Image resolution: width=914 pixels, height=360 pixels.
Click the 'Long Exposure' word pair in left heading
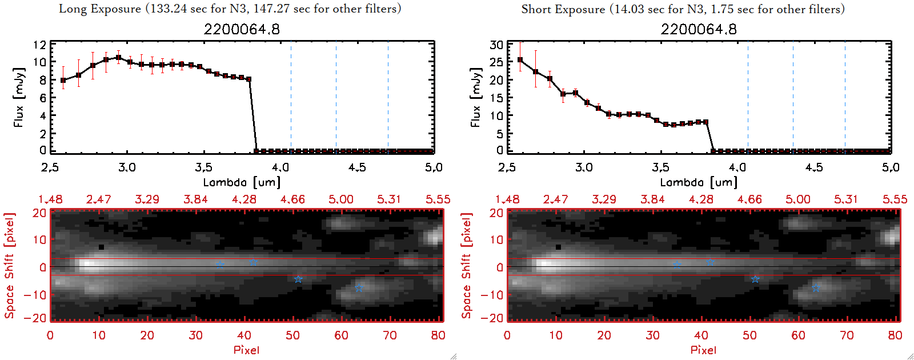pos(100,9)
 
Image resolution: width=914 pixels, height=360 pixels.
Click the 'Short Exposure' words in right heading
pos(563,9)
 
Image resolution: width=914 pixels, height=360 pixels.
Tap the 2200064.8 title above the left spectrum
pos(242,29)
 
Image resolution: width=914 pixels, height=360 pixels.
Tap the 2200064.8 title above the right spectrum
pos(699,29)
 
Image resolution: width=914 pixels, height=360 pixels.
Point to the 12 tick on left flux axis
pos(39,45)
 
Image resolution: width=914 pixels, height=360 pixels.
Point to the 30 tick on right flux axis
pos(496,45)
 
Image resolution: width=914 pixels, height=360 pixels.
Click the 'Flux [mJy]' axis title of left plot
pos(19,97)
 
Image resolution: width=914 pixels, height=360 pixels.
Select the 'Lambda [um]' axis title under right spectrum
pos(699,182)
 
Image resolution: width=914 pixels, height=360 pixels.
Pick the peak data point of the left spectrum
pos(118,57)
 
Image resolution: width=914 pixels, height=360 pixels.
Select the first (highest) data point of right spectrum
pos(520,59)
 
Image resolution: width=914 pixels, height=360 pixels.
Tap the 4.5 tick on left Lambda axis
pos(357,167)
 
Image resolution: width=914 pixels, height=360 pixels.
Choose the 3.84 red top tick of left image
pos(195,199)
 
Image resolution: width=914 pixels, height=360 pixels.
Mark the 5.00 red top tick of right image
pos(797,199)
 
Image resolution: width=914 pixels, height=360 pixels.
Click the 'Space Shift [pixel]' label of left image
pos(9,266)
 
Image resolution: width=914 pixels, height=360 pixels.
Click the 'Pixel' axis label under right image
pos(703,350)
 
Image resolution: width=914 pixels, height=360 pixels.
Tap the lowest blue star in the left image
pos(359,288)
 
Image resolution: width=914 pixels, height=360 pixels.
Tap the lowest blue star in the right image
pos(816,288)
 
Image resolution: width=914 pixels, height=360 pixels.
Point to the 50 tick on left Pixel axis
pos(292,335)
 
